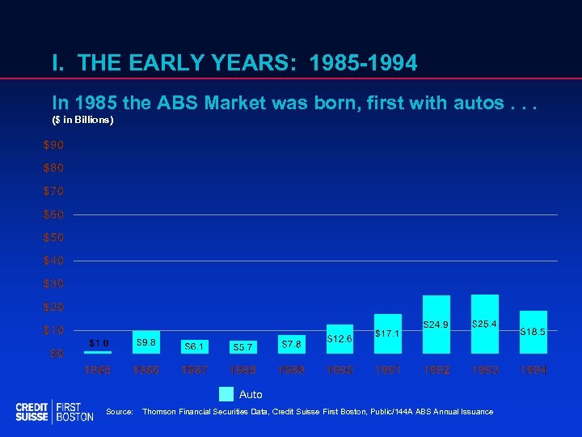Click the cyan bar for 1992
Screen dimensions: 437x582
[x=436, y=324]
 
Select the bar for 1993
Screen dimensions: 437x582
[x=485, y=323]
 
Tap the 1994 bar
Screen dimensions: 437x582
[x=533, y=332]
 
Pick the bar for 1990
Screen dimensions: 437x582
[x=339, y=338]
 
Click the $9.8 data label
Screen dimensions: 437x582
[x=146, y=342]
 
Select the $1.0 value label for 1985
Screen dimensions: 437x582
[x=99, y=342]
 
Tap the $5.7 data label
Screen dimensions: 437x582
[x=242, y=347]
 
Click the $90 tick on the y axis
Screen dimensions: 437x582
[x=53, y=145]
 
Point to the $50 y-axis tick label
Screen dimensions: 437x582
[x=53, y=238]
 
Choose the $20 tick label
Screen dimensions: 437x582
[x=53, y=308]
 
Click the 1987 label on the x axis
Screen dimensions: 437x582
[x=195, y=370]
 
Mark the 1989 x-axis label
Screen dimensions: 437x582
[x=292, y=370]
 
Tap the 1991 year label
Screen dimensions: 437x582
[x=388, y=370]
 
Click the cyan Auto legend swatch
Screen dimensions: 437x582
[x=226, y=394]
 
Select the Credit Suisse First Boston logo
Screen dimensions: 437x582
[x=54, y=411]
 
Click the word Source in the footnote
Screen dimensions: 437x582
[x=119, y=412]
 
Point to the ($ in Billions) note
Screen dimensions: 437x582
[x=83, y=121]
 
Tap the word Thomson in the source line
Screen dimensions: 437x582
[x=161, y=412]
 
